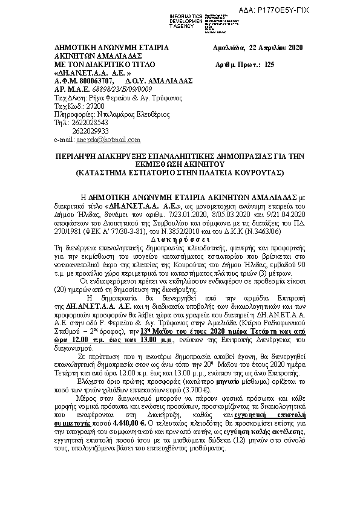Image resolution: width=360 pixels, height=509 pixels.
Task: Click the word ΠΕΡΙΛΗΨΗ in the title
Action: coord(75,155)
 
